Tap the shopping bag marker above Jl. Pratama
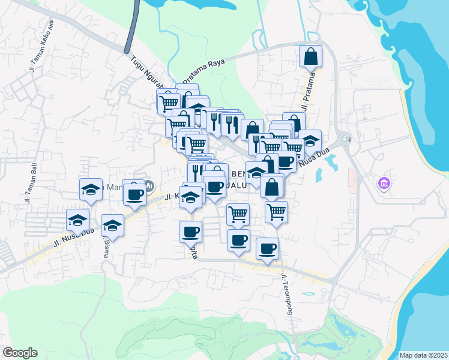[310, 57]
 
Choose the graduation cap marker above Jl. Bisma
[112, 226]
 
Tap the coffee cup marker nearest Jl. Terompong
[268, 248]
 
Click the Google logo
[20, 353]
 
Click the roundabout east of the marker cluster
[345, 140]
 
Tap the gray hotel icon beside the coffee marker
[149, 184]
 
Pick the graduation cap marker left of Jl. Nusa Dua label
[77, 220]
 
